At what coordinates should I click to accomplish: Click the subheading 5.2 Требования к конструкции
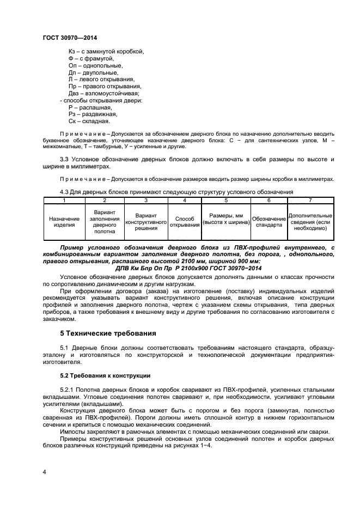(105, 376)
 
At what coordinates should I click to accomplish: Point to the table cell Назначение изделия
(64, 221)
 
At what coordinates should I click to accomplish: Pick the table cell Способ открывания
(184, 221)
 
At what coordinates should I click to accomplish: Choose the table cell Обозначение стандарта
(269, 221)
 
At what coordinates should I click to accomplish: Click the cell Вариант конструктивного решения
(145, 221)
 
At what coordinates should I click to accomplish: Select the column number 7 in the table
(310, 201)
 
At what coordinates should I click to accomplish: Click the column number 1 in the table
(64, 201)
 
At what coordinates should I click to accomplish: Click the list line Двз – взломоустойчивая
(100, 93)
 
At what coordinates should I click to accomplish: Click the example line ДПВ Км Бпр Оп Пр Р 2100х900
(189, 268)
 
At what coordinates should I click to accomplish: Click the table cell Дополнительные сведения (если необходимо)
(310, 221)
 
